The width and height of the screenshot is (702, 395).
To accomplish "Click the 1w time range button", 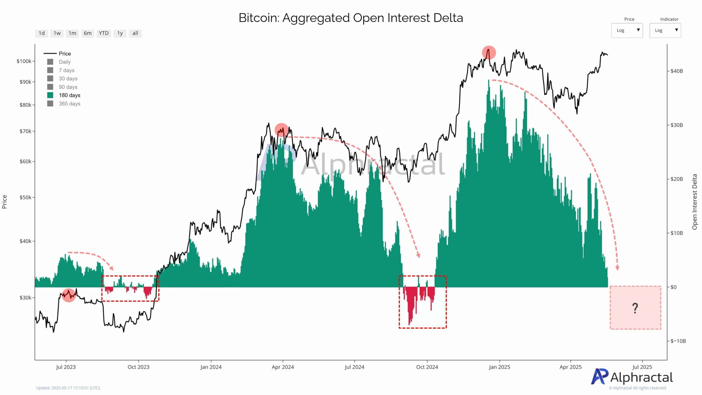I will point(57,33).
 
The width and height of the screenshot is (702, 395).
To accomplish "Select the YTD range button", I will point(104,33).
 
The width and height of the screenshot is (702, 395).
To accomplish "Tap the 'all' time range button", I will point(135,33).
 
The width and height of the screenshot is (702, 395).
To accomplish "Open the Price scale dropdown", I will point(627,30).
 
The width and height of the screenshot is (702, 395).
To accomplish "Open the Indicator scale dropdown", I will point(665,30).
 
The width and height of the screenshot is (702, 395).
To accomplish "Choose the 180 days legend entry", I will point(69,95).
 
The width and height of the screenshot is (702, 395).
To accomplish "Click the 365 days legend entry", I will point(69,104).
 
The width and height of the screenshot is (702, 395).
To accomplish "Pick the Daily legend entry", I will point(65,62).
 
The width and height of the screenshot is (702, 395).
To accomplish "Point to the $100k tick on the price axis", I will point(24,61).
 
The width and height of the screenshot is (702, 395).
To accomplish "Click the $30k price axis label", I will point(26,298).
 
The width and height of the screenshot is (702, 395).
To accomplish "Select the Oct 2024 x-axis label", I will point(427,367).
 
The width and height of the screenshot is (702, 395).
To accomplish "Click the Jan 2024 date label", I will point(211,367).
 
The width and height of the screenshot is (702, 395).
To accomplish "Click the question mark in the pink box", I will point(635,308).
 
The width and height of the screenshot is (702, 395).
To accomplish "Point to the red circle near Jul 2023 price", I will point(69,295).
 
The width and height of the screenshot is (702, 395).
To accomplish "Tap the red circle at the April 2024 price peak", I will point(281,130).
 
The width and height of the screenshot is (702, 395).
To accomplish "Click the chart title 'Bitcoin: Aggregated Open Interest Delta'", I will point(351,18).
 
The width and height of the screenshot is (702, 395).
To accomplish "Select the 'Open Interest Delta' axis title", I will point(694,202).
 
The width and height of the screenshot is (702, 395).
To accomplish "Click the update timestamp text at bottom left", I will point(68,388).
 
